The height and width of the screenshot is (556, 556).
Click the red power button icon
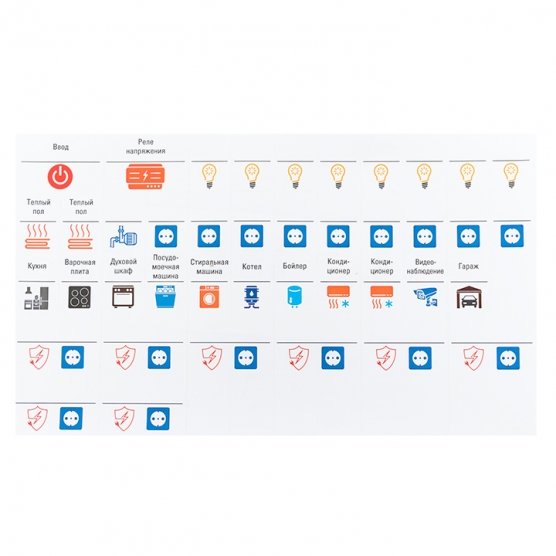click(60, 176)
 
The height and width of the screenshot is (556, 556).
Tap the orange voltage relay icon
click(145, 177)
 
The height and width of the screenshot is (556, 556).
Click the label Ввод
click(61, 147)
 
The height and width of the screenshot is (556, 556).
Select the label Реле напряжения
click(145, 146)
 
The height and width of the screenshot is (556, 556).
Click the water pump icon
click(123, 236)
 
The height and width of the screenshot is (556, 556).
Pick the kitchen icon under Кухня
click(36, 298)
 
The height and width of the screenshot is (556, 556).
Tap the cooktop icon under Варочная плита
click(79, 297)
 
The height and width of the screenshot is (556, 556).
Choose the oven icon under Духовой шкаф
click(123, 297)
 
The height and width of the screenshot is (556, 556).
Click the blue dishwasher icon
click(165, 297)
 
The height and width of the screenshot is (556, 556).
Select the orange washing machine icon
click(209, 297)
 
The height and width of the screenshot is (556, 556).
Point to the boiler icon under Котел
click(252, 297)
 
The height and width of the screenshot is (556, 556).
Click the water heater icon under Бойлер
click(295, 297)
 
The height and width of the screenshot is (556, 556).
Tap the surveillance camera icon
click(425, 297)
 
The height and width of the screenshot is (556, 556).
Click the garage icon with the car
click(469, 297)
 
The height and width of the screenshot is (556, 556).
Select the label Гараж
click(468, 266)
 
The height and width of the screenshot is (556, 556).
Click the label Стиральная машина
click(209, 267)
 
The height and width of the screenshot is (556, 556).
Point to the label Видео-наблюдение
click(425, 267)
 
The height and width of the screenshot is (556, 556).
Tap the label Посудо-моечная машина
click(166, 267)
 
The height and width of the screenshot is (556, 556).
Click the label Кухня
click(37, 266)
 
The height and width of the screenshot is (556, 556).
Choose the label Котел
click(252, 267)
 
